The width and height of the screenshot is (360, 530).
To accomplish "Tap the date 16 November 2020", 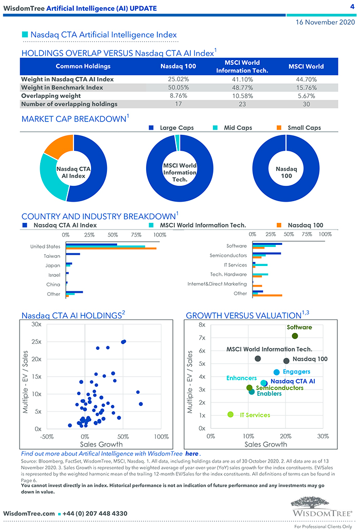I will tap(325, 22).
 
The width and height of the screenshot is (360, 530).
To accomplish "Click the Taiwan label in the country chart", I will tap(52, 256).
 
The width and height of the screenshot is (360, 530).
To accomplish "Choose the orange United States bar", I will tap(111, 249).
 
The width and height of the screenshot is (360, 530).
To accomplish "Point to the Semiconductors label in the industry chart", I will tap(228, 256).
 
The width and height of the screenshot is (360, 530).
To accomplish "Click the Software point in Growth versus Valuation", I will tap(295, 336).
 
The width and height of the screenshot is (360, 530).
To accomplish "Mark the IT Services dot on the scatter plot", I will tap(230, 414).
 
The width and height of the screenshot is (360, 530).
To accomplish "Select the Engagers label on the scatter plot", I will tap(297, 372).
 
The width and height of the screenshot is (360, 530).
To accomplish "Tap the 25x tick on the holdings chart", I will tap(36, 342).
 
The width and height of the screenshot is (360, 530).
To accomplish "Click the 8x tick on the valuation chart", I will tap(202, 325).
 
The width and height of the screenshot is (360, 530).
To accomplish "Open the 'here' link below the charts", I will tap(191, 454).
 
